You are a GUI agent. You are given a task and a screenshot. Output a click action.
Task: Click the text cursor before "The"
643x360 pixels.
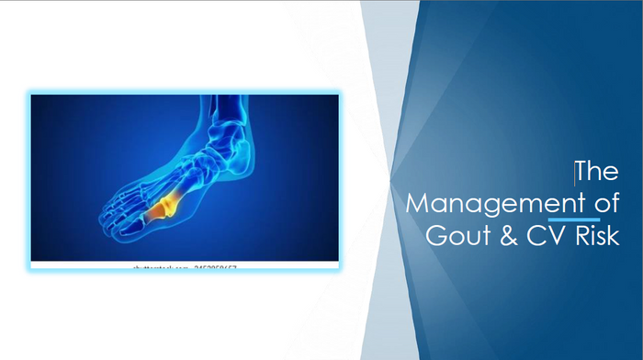575,172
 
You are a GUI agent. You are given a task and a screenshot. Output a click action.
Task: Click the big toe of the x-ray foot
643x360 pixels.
115,224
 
